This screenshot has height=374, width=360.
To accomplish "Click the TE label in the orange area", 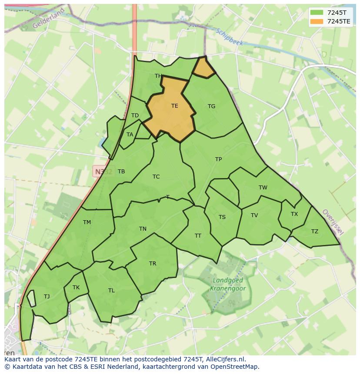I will click(x=174, y=106).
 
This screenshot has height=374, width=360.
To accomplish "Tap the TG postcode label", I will click(x=211, y=106).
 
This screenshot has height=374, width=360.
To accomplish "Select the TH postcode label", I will click(x=158, y=76).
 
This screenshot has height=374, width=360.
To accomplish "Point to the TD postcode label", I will click(x=135, y=116).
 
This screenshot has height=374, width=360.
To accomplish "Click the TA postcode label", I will click(x=130, y=135).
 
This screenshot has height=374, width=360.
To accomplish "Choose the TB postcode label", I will click(x=121, y=172).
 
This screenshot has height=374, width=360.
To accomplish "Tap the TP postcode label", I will click(x=218, y=159).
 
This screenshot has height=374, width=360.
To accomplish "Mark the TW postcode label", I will click(x=263, y=188).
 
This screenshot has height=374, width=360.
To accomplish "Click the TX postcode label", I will click(x=294, y=214).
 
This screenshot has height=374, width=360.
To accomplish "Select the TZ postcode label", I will click(x=314, y=232).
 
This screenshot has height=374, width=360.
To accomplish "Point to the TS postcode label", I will click(x=222, y=217).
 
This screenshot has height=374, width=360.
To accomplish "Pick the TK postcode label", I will click(x=76, y=288).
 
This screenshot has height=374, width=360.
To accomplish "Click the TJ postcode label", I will click(x=47, y=297).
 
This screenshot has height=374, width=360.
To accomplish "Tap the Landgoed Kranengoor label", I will click(x=228, y=285).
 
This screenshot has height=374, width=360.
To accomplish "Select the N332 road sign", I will click(x=103, y=172).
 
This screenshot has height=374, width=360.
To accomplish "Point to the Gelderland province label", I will click(x=48, y=18).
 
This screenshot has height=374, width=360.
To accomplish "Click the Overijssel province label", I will click(x=333, y=222).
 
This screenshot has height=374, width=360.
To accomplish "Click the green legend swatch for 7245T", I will click(x=316, y=12).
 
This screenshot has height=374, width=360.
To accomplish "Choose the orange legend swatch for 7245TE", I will click(x=316, y=21).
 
